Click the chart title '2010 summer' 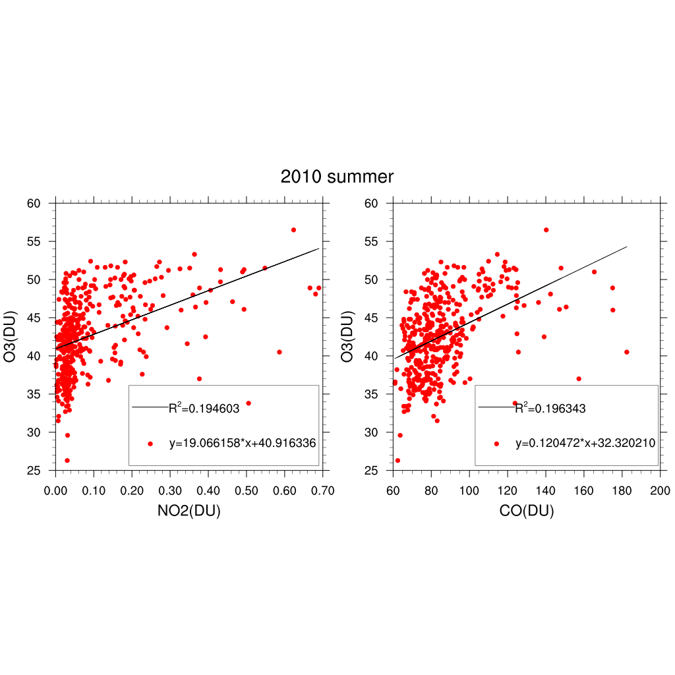coord(337,177)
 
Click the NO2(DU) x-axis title coord(190,510)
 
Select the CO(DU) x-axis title coord(526,510)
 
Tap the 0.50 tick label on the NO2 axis coord(247,491)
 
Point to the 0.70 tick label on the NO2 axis coord(323,491)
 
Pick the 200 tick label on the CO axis coord(660,491)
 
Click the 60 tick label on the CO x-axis coord(393,491)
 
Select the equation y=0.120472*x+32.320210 coord(585,444)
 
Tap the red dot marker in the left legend coord(150,444)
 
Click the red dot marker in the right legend coord(497,444)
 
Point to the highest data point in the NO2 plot coord(293,230)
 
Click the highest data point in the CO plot coord(546,230)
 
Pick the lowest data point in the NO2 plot coord(67,460)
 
